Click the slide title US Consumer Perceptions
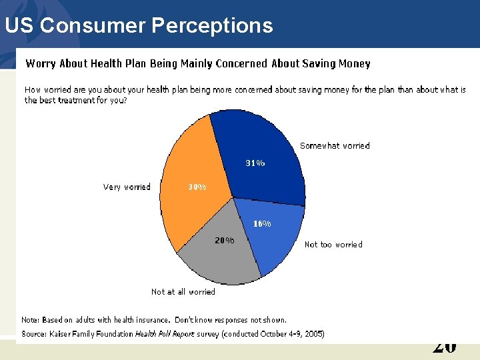pos(139,25)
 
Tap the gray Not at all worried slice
pos(217,257)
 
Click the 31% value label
pos(255,163)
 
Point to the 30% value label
pos(197,187)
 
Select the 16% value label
pos(262,224)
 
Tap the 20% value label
pos(225,241)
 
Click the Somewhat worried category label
pos(335,145)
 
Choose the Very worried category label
pos(127,187)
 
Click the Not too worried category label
pos(333,245)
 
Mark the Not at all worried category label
pos(183,292)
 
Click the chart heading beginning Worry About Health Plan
pos(197,64)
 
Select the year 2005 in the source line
pos(313,334)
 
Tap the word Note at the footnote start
pos(30,320)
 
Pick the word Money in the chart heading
pos(355,64)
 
